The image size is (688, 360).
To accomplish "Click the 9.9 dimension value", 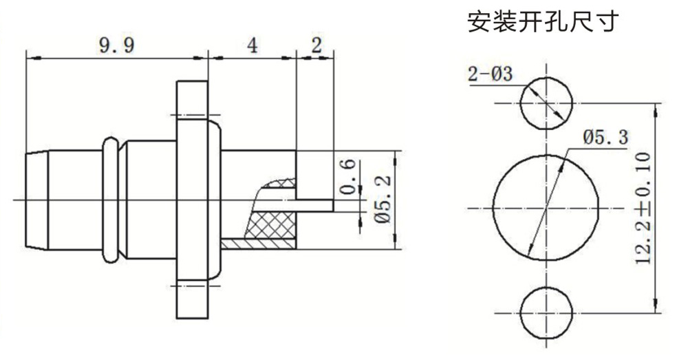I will (116, 46).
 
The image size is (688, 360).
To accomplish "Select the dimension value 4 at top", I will (252, 46).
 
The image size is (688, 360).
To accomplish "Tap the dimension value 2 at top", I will (316, 46).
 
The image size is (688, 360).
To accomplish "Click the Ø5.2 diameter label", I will (384, 200).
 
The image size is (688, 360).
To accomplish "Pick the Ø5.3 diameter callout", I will (605, 137).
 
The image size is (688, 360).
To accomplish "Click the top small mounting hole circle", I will (545, 103).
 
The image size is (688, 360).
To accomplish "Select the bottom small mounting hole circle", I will (545, 312).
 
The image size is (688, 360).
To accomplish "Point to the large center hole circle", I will (545, 207).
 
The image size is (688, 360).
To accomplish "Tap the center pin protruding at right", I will (316, 205).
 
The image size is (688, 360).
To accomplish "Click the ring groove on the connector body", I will (111, 199).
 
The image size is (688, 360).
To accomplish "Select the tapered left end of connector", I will (34, 199).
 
